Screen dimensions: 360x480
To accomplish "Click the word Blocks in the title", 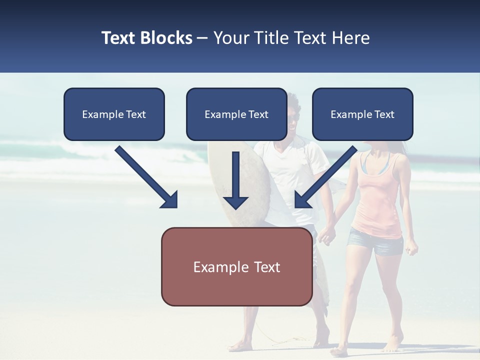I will tap(167, 38).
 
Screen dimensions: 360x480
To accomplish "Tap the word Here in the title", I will tap(350, 38).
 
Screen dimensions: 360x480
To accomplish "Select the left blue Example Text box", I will tap(114, 114).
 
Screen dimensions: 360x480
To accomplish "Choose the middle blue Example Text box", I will tap(236, 114).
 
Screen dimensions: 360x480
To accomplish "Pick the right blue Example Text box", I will tap(362, 114).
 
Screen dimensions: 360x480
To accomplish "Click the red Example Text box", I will tap(236, 267).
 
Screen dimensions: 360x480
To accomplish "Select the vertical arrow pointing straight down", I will tap(235, 180).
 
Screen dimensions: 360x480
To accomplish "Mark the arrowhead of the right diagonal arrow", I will tap(302, 199).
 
